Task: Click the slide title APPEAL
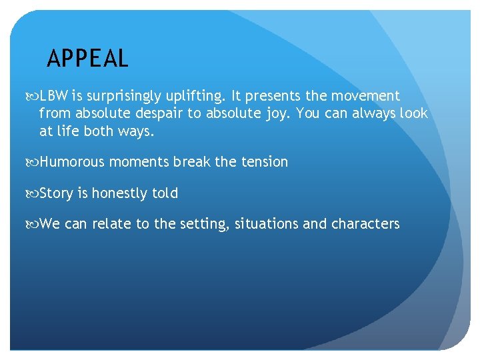tap(87, 59)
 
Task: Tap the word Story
tap(56, 193)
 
